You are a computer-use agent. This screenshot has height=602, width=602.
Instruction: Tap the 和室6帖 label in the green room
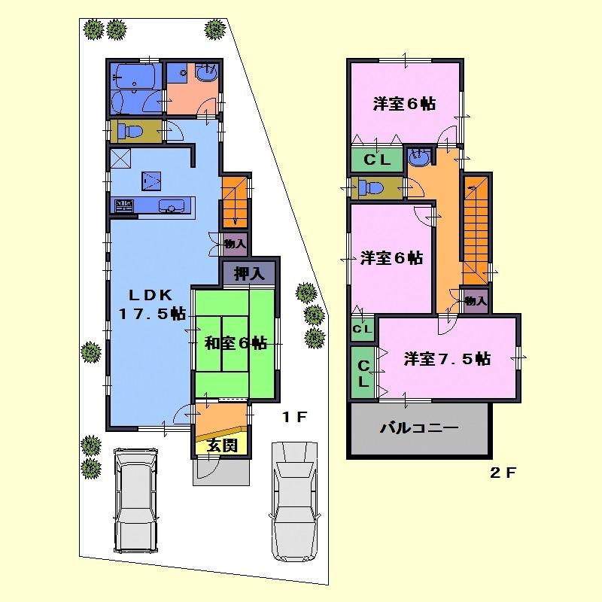236,343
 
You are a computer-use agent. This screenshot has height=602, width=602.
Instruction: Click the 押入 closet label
249,273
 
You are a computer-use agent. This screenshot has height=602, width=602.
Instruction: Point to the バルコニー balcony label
418,428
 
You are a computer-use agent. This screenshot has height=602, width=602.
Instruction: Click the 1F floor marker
293,418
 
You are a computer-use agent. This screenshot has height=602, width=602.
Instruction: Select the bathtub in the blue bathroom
135,76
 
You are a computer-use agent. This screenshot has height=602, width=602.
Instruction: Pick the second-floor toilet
372,187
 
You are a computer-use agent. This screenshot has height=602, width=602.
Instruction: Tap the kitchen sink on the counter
171,207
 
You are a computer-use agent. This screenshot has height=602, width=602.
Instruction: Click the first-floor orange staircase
234,199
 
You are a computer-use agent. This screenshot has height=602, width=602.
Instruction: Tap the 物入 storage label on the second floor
476,301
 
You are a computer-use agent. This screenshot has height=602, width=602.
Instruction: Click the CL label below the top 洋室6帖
376,160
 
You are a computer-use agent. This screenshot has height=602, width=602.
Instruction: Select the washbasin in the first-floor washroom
205,76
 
